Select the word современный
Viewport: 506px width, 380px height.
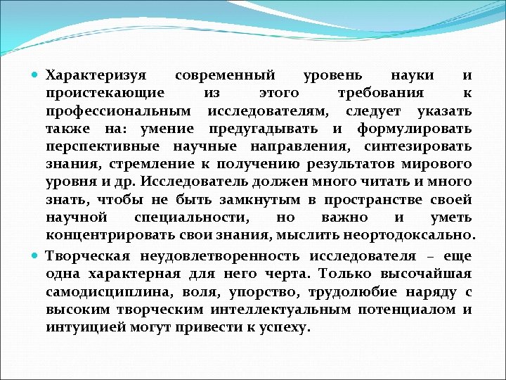click(225, 75)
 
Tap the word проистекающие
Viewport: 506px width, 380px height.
click(105, 93)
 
